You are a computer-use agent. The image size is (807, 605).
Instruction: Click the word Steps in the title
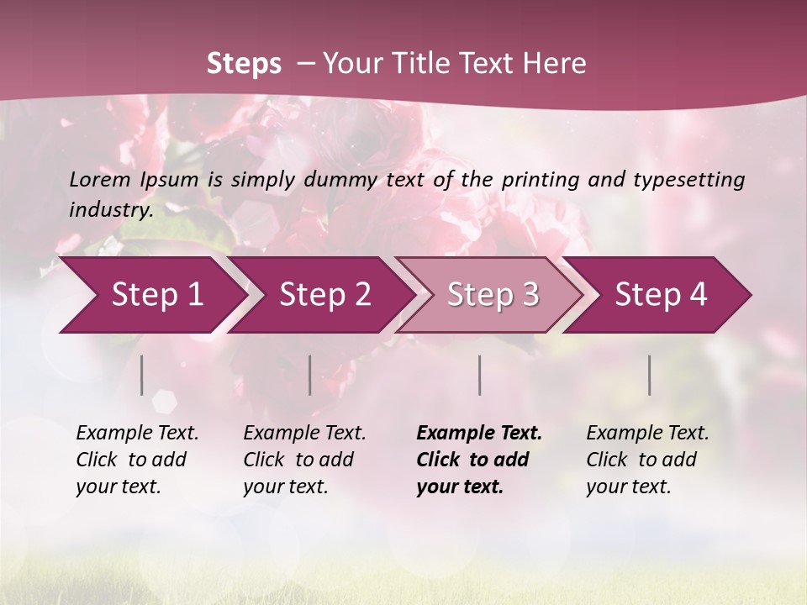(244, 64)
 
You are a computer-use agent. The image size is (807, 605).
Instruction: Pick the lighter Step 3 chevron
(493, 295)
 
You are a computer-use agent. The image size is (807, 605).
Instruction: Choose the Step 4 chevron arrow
(661, 295)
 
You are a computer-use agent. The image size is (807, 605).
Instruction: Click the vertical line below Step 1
(142, 375)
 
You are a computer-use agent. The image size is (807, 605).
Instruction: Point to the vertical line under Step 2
(310, 375)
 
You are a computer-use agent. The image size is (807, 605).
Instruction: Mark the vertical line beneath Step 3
(480, 375)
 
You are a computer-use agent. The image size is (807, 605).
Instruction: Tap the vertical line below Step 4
(650, 375)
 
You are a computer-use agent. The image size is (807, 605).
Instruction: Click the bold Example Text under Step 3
(479, 434)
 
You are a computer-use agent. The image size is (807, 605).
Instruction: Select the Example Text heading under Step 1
(137, 434)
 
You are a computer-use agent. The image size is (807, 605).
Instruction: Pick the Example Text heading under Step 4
(647, 434)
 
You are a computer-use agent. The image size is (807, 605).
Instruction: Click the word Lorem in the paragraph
(100, 180)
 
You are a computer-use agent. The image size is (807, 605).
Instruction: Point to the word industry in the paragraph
(111, 210)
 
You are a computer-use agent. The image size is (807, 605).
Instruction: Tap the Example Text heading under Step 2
(304, 434)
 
